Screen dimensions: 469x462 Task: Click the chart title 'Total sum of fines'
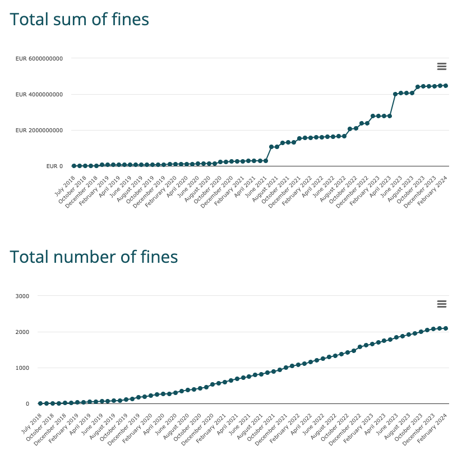coord(80,20)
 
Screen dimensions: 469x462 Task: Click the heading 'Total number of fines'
coord(94,257)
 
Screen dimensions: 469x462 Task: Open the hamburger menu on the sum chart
coord(441,67)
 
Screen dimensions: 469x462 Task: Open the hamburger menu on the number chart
coord(441,304)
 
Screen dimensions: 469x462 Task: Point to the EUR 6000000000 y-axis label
coord(39,58)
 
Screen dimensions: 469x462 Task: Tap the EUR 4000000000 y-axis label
coord(39,94)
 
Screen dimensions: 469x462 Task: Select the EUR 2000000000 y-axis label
coord(39,130)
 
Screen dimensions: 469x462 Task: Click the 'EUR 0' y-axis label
coord(54,166)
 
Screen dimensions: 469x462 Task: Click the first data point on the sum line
coord(73,166)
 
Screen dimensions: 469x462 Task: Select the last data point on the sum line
coord(446,86)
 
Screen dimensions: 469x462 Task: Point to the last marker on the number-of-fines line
coord(446,328)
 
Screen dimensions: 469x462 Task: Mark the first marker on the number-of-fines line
coord(40,403)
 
